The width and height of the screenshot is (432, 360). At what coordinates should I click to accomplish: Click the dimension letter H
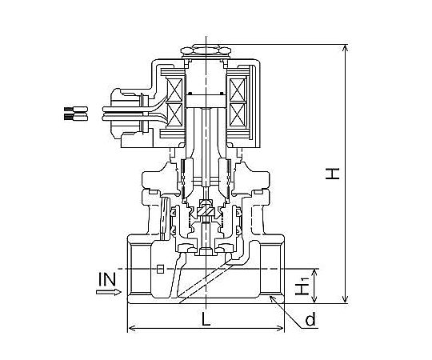point(332,174)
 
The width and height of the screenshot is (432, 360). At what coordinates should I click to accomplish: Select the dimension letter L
point(206,319)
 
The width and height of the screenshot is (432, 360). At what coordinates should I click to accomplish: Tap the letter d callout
point(310,320)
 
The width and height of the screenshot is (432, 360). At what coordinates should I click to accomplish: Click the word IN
point(107,279)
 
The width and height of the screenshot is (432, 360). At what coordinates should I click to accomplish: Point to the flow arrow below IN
point(109,292)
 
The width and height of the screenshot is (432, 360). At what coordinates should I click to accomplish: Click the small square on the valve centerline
point(160,269)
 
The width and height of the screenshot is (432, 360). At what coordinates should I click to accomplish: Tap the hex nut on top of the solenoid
point(206,50)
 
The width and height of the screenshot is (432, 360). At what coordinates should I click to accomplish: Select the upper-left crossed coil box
point(175,90)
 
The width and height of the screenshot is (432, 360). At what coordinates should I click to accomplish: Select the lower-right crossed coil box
point(238,114)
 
